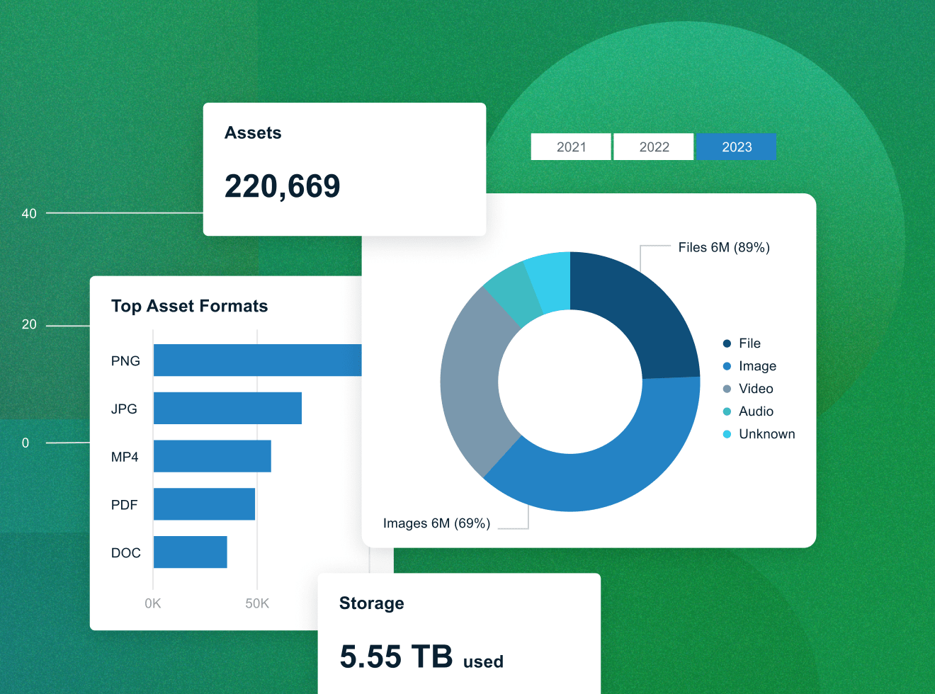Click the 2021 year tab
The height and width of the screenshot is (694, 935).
pos(571,147)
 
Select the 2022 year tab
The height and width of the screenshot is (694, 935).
pos(654,147)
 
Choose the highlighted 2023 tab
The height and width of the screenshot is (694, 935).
pos(737,147)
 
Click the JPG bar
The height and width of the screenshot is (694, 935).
pos(227,409)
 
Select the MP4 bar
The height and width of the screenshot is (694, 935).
pos(212,456)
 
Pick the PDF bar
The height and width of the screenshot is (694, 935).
pos(204,504)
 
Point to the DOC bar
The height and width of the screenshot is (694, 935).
pos(190,552)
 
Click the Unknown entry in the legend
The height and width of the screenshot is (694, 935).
pos(766,434)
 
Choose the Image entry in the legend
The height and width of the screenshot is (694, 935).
pos(757,366)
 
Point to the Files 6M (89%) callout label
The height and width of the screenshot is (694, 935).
pos(724,247)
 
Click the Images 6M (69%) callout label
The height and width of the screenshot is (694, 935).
pos(436,523)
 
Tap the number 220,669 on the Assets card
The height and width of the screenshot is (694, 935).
pos(283,186)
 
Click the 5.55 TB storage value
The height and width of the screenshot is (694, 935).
pos(396,656)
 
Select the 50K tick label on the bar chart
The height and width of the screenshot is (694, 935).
pos(257,603)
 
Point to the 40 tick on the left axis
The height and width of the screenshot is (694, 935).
pos(29,213)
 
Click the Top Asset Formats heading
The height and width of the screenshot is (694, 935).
pos(190,306)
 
